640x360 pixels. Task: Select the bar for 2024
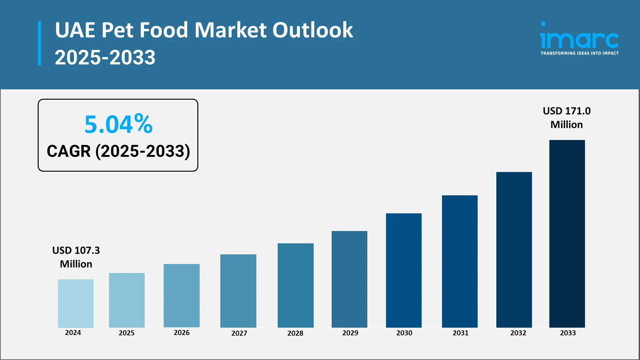pyautogui.click(x=76, y=303)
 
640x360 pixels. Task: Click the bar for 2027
pyautogui.click(x=238, y=291)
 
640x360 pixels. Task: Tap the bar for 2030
pyautogui.click(x=404, y=270)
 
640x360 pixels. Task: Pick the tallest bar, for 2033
pyautogui.click(x=567, y=233)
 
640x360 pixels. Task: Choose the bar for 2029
pyautogui.click(x=349, y=279)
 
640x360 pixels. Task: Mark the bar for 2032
pyautogui.click(x=514, y=250)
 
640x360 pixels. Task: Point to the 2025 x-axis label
pyautogui.click(x=127, y=333)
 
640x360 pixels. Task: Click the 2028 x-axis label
pyautogui.click(x=295, y=333)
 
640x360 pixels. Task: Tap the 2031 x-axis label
pyautogui.click(x=460, y=333)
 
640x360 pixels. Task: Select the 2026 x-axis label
pyautogui.click(x=182, y=333)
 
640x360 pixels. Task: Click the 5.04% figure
pyautogui.click(x=118, y=124)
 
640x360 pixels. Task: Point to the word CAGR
pyautogui.click(x=69, y=151)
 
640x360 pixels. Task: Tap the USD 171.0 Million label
pyautogui.click(x=567, y=118)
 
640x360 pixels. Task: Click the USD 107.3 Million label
pyautogui.click(x=76, y=257)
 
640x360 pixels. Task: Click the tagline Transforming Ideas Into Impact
pyautogui.click(x=579, y=53)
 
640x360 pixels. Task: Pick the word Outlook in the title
pyautogui.click(x=312, y=30)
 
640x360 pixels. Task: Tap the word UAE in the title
pyautogui.click(x=75, y=30)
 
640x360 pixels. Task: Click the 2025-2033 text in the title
pyautogui.click(x=105, y=57)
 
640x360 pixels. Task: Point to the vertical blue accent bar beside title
pyautogui.click(x=40, y=43)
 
